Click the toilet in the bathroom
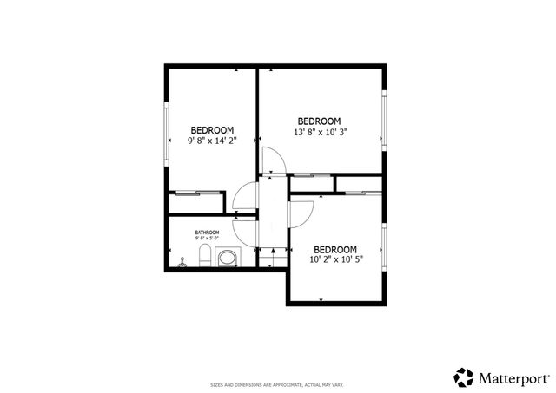203,256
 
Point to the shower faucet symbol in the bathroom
182,262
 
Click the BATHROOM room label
207,233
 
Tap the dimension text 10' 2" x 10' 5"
334,258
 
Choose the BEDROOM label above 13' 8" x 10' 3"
319,121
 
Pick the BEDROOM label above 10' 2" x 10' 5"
334,246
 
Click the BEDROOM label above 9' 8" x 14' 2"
212,129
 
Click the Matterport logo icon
464,377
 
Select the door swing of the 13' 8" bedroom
271,161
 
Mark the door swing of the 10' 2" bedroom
302,213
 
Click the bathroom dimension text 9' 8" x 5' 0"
207,239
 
